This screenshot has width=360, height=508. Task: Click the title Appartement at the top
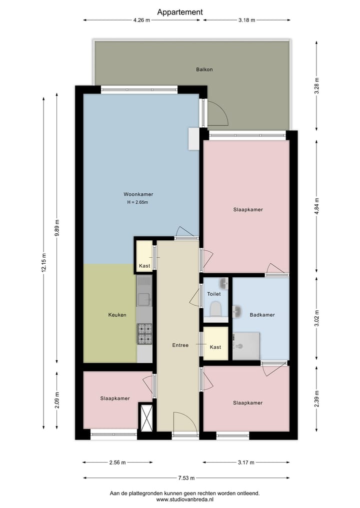[180, 11]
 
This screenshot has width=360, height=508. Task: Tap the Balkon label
[204, 69]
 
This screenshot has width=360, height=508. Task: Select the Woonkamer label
[138, 194]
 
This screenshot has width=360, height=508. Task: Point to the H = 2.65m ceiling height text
[138, 202]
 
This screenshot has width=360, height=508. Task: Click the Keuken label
[117, 315]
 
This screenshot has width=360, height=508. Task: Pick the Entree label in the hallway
[180, 345]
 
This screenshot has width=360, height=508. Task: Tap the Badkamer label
[262, 315]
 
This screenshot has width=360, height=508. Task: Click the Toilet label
[214, 294]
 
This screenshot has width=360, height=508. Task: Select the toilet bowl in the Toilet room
[216, 309]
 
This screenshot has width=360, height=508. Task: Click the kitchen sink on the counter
[144, 299]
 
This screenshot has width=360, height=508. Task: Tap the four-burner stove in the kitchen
[144, 334]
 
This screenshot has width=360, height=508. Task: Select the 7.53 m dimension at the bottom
[185, 478]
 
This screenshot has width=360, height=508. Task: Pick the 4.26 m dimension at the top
[142, 20]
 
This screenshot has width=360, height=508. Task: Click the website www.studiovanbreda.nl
[185, 499]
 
